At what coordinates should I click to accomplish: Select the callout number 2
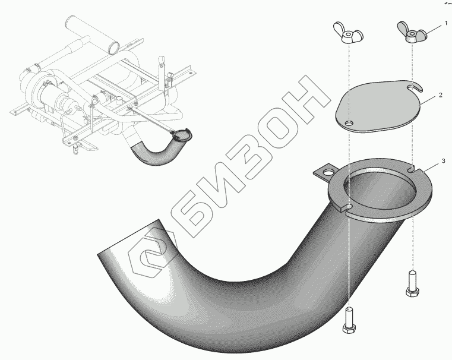pyautogui.click(x=441, y=95)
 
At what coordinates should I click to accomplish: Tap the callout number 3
pyautogui.click(x=441, y=162)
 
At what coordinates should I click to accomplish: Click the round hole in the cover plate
pyautogui.click(x=350, y=124)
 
